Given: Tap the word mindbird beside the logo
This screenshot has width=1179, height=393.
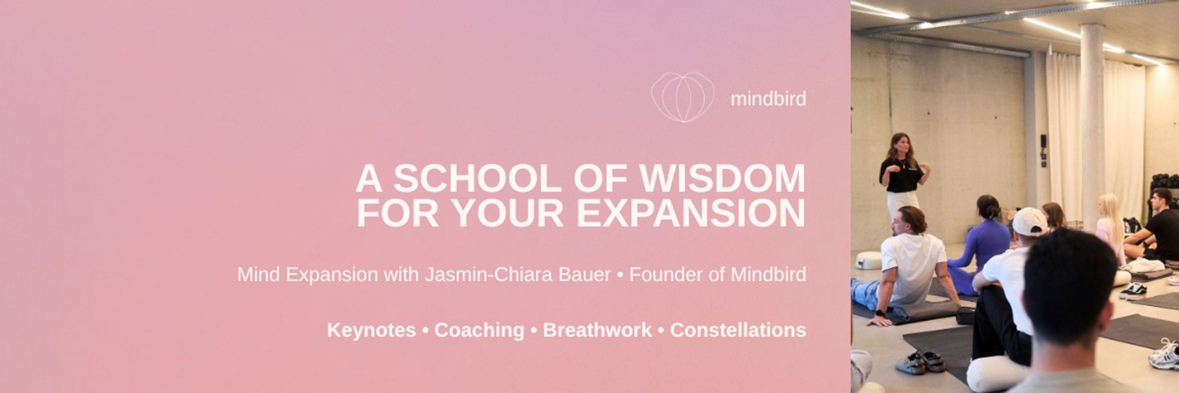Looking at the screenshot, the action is (x=768, y=99).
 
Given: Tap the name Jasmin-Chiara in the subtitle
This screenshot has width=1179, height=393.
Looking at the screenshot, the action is (x=517, y=274).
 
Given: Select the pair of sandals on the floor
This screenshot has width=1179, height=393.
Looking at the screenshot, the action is (x=920, y=362).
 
